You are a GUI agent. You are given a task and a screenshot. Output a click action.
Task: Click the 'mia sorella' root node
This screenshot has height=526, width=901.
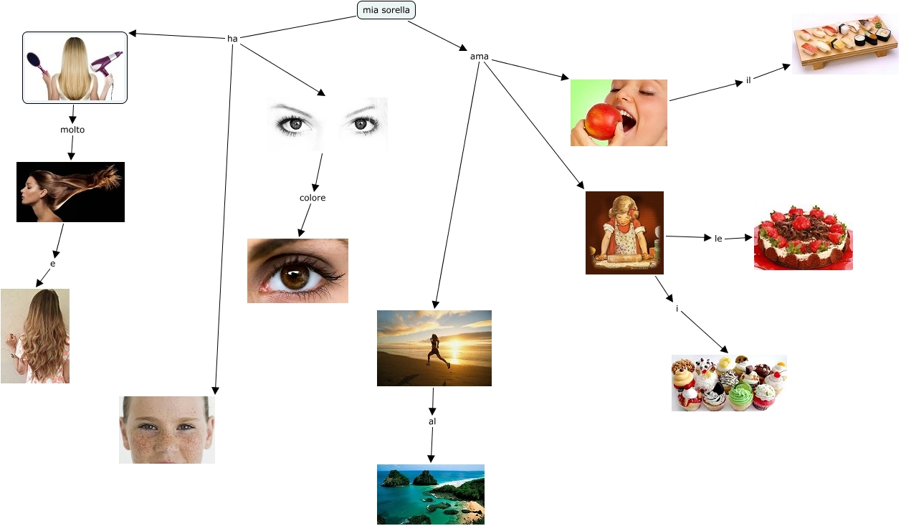tap(386, 10)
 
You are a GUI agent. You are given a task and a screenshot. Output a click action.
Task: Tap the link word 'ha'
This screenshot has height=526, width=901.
tap(232, 39)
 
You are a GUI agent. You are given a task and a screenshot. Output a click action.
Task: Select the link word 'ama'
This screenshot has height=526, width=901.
tap(479, 57)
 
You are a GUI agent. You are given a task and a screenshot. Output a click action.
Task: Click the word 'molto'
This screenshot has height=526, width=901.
tap(72, 130)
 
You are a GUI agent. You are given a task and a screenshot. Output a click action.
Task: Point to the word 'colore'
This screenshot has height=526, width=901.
tap(313, 198)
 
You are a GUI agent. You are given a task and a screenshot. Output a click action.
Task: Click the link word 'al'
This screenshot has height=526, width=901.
tap(432, 421)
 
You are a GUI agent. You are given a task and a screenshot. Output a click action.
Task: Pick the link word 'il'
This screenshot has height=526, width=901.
tap(748, 80)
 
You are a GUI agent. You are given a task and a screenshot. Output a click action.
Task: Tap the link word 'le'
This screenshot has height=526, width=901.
tap(718, 238)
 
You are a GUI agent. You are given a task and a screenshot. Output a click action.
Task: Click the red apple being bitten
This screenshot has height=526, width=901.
tap(601, 120)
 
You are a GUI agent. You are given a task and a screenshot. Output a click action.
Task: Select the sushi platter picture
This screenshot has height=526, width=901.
tap(845, 44)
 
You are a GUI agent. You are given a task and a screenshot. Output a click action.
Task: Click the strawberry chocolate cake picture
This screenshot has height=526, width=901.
tap(804, 238)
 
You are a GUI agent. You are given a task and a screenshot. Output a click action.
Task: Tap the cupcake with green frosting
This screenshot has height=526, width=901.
tap(742, 396)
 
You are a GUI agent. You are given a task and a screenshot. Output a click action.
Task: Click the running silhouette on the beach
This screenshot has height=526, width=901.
tap(434, 351)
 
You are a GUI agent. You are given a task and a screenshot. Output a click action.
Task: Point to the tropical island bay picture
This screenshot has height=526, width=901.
tap(431, 494)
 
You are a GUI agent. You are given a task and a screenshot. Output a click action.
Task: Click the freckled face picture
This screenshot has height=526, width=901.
tap(166, 430)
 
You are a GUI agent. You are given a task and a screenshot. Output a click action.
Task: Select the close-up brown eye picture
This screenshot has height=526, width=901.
tap(297, 271)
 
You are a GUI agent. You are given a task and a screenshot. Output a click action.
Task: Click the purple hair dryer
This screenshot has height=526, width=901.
tap(106, 64)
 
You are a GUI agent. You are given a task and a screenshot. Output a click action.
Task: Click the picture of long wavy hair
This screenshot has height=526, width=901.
tap(35, 336)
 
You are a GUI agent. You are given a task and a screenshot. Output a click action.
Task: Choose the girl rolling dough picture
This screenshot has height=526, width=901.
tap(624, 233)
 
